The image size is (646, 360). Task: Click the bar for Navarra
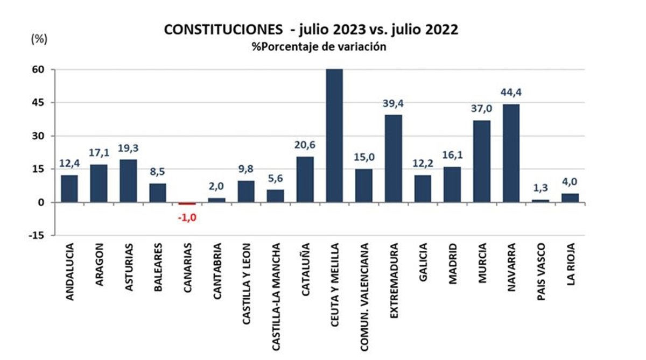click(x=511, y=153)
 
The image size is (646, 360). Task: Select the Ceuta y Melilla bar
click(x=334, y=136)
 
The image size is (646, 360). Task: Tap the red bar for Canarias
click(x=187, y=203)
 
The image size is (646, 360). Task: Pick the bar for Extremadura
click(x=393, y=158)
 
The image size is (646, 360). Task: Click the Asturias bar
click(x=128, y=180)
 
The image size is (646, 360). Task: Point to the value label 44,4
click(x=511, y=93)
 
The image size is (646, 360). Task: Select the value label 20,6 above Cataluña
click(x=305, y=145)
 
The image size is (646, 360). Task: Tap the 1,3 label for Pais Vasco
click(x=540, y=188)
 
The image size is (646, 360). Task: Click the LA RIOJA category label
click(x=570, y=264)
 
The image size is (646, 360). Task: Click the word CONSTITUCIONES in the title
click(x=222, y=30)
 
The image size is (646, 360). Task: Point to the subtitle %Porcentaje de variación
click(x=319, y=47)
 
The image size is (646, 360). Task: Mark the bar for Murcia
click(x=481, y=161)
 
